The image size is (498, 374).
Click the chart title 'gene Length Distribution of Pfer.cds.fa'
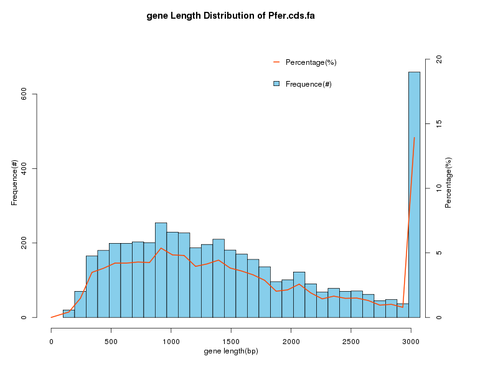230,16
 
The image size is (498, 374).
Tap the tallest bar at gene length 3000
414,193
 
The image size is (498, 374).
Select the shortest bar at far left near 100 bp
68,314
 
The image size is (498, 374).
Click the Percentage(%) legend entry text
311,62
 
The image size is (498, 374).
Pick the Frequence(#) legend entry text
308,84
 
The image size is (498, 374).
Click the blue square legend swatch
276,84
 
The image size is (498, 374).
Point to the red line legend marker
276,62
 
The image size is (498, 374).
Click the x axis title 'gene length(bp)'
231,352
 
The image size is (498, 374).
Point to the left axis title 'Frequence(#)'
14,183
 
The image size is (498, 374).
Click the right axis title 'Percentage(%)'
448,183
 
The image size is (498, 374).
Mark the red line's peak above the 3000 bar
414,138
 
